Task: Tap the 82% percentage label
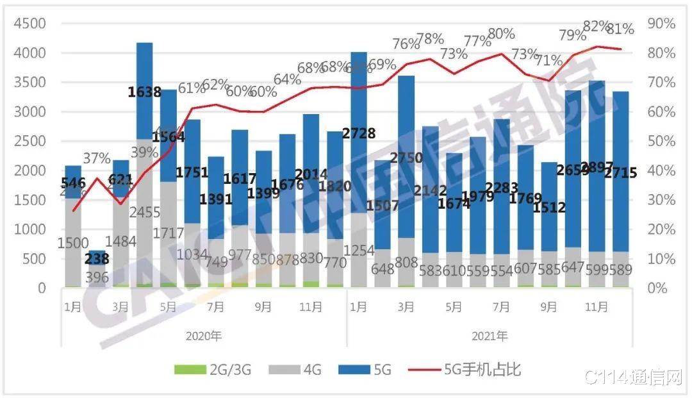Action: coord(596,26)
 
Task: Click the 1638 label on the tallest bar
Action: coord(144,92)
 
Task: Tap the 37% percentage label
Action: coord(97,158)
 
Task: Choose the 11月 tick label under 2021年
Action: coord(597,308)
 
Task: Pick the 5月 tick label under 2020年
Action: coord(168,308)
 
